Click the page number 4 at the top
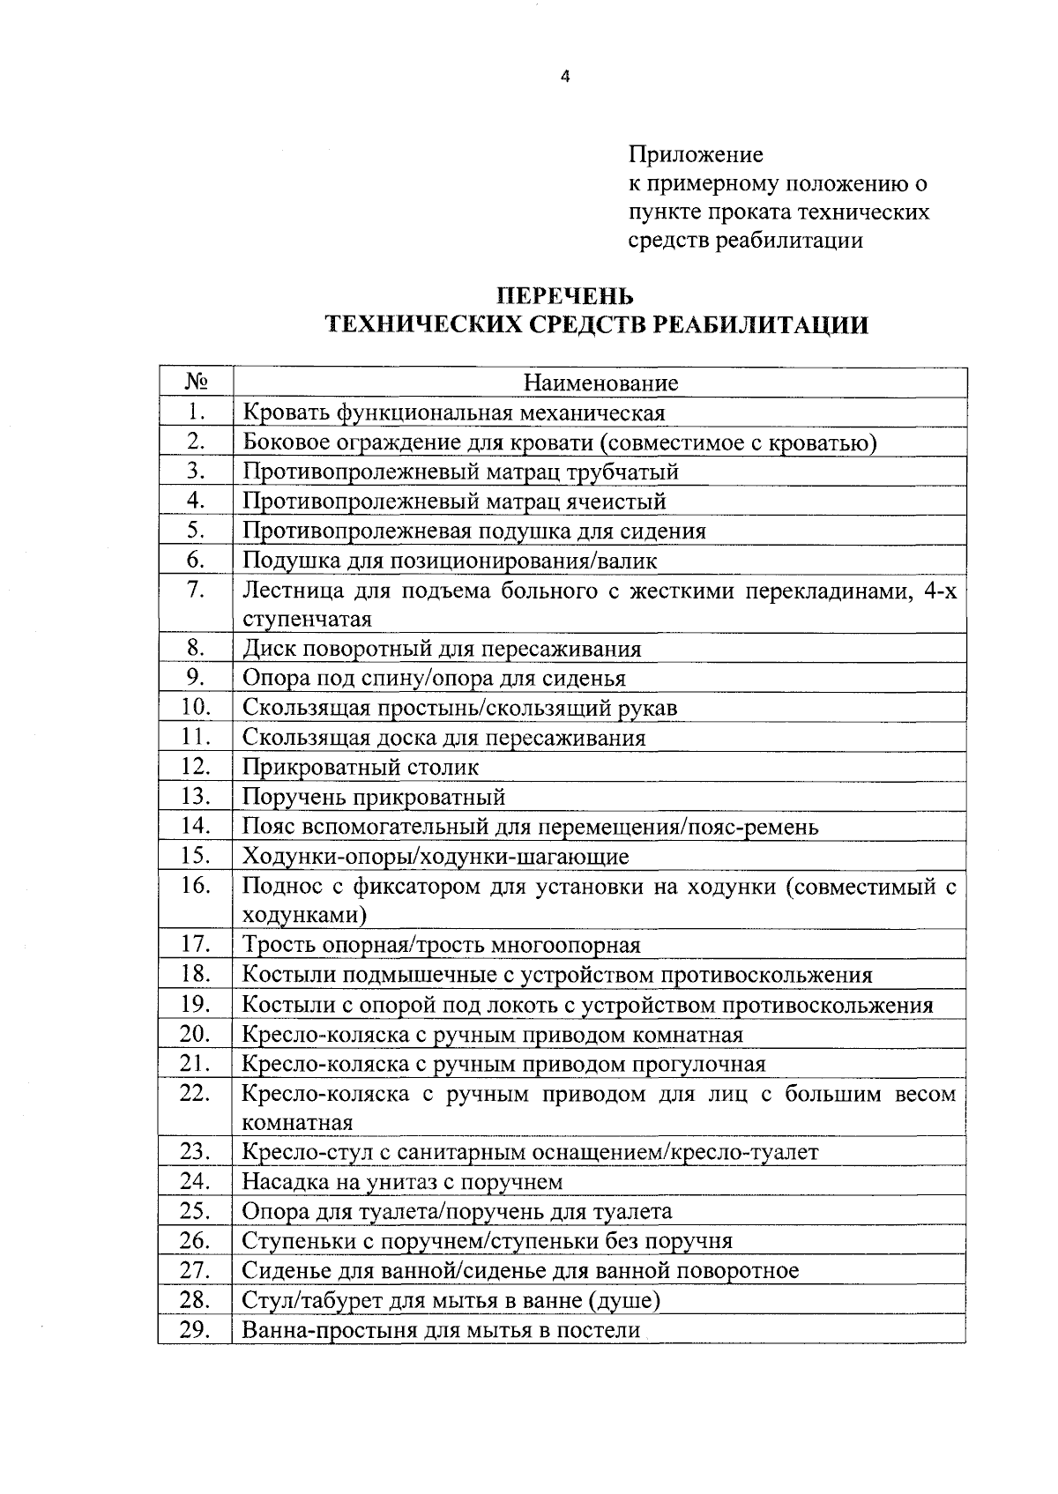pyautogui.click(x=565, y=77)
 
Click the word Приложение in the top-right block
pyautogui.click(x=696, y=155)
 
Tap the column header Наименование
pyautogui.click(x=600, y=383)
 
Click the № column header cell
pyautogui.click(x=197, y=382)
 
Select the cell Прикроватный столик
pyautogui.click(x=361, y=767)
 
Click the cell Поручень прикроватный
pyautogui.click(x=374, y=797)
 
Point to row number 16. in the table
pyautogui.click(x=196, y=886)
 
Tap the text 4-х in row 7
pyautogui.click(x=939, y=590)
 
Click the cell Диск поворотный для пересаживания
pyautogui.click(x=442, y=649)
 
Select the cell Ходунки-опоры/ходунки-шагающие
pyautogui.click(x=436, y=856)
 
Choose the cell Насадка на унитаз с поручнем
pyautogui.click(x=402, y=1181)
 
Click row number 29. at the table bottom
pyautogui.click(x=196, y=1330)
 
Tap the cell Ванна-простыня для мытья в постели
pyautogui.click(x=441, y=1330)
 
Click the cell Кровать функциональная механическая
pyautogui.click(x=453, y=412)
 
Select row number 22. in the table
pyautogui.click(x=196, y=1094)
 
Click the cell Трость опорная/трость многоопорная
pyautogui.click(x=441, y=945)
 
